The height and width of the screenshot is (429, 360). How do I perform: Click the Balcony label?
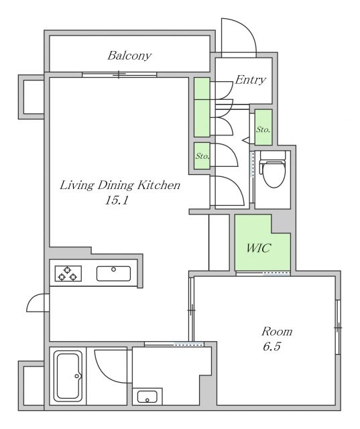129,56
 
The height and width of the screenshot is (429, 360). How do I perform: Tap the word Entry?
250,80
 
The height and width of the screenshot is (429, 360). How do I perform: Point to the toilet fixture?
272,169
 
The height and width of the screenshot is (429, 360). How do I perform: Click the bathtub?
68,376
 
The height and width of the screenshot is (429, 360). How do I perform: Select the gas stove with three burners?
68,273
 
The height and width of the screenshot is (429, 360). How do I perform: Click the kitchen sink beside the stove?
113,273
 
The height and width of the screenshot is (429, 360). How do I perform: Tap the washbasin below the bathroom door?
147,396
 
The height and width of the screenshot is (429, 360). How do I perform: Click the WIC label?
259,248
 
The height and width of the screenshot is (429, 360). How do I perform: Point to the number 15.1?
117,201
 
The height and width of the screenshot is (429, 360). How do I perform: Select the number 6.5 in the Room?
272,347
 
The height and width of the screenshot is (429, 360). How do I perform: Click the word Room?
277,332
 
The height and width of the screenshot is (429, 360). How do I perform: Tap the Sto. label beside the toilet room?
263,129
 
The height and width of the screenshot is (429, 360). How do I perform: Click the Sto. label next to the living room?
202,156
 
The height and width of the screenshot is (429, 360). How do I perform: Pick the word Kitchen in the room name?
159,185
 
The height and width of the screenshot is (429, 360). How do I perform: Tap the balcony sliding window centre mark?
119,74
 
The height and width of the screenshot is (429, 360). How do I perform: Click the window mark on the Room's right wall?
338,327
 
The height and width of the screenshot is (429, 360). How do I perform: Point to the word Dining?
116,185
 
